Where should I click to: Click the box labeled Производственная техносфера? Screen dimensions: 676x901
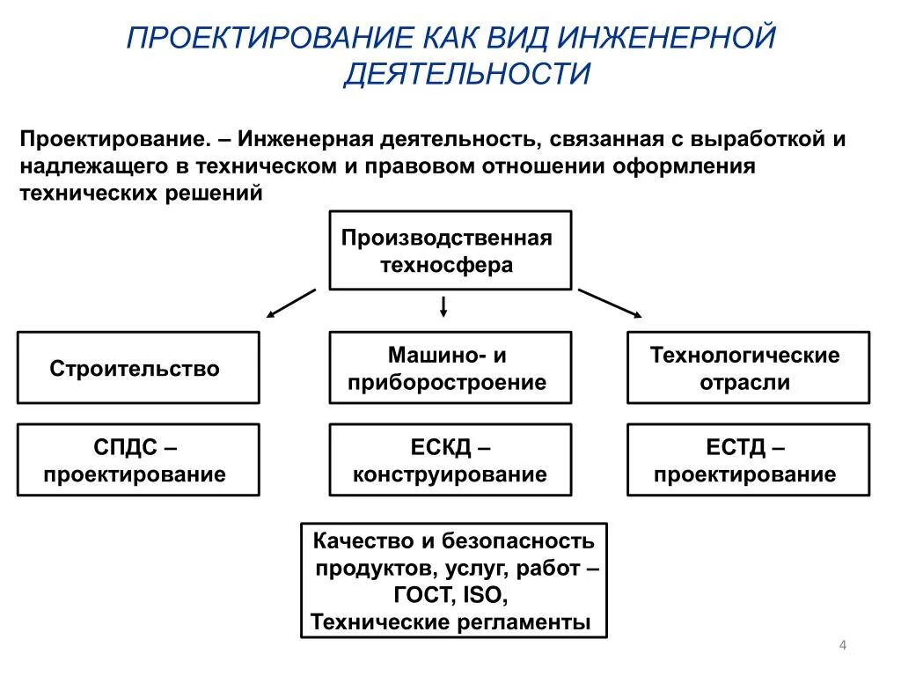(x=450, y=250)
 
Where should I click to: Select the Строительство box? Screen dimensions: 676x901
(x=138, y=368)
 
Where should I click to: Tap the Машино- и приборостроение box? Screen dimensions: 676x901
(x=450, y=368)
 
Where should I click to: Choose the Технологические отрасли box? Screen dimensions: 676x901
(x=747, y=368)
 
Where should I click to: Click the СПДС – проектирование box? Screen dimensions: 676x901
(x=138, y=460)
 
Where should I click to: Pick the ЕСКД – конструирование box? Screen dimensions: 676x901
(x=450, y=460)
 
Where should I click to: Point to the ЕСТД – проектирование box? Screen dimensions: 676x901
(x=747, y=460)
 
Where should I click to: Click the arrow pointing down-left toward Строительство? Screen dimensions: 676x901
(x=290, y=303)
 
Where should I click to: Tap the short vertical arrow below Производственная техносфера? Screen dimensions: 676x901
(x=444, y=305)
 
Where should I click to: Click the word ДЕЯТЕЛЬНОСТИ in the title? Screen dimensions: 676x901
(x=465, y=74)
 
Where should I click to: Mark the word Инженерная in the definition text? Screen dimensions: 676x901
(x=300, y=140)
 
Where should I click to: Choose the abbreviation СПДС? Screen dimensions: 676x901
(x=126, y=447)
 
